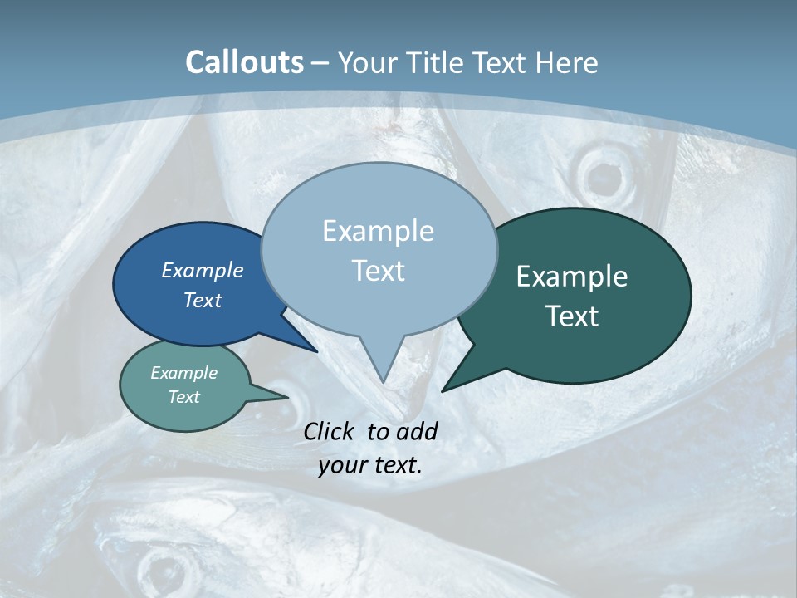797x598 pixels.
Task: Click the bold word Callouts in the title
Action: (x=244, y=62)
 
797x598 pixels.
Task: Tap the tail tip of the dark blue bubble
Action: (x=315, y=350)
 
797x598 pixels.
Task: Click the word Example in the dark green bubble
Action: (x=572, y=277)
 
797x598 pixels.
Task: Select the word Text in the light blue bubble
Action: (x=379, y=271)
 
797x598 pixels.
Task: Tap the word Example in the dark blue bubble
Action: (x=203, y=270)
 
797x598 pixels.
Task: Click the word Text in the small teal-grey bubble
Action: (x=184, y=397)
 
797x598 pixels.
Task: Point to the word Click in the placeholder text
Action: (x=330, y=431)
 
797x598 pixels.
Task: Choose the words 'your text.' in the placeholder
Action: (x=370, y=465)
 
